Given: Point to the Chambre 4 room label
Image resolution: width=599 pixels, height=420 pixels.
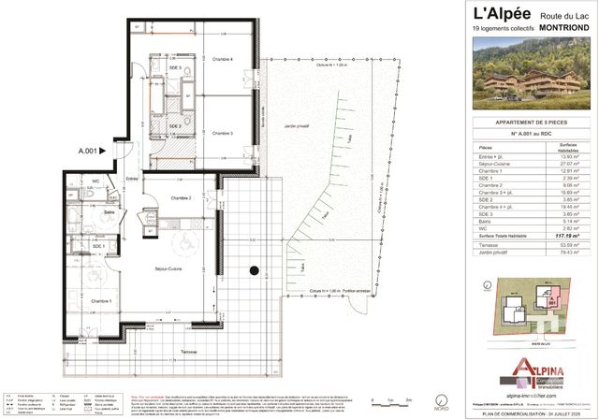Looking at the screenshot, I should pyautogui.click(x=222, y=60).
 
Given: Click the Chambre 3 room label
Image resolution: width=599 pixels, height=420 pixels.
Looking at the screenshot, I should pyautogui.click(x=222, y=134).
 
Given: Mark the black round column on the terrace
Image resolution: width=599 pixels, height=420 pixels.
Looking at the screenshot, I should pyautogui.click(x=253, y=272).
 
